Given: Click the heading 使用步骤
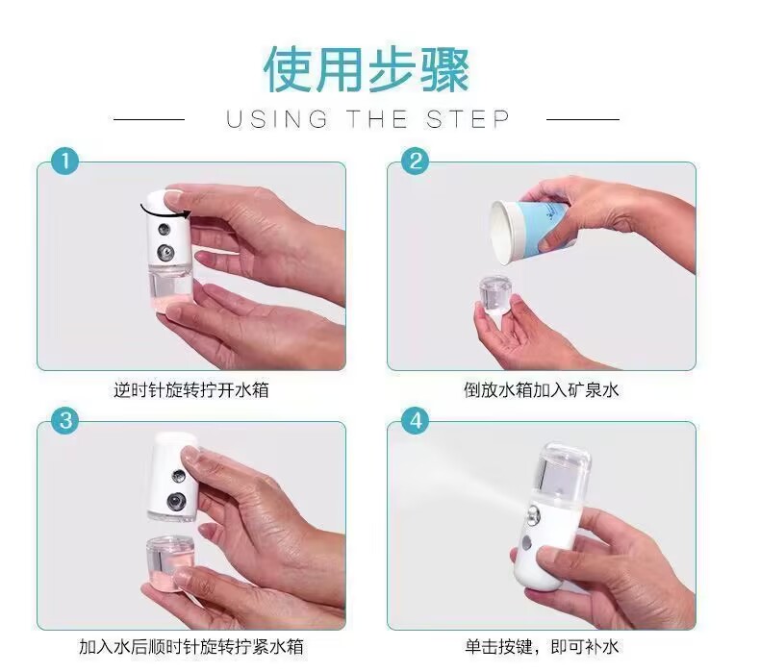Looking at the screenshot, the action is click(367, 69).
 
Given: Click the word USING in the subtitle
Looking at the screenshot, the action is click(277, 119).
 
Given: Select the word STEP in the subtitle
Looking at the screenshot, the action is click(469, 119).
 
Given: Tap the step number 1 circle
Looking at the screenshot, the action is click(65, 161).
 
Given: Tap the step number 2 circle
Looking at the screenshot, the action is click(416, 161).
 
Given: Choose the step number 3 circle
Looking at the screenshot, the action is click(65, 420).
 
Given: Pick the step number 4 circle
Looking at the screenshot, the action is click(416, 420).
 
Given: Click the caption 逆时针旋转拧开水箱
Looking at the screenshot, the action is click(191, 389).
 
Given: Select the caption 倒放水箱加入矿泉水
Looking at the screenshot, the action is click(542, 389).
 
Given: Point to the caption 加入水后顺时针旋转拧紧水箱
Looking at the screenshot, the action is click(191, 646).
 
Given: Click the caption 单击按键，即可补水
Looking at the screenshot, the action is click(542, 646).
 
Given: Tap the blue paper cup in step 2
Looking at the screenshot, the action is click(529, 230).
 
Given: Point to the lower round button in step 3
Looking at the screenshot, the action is click(176, 502).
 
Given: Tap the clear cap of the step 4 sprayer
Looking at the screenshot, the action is click(565, 470).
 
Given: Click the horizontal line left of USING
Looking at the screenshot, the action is click(149, 119).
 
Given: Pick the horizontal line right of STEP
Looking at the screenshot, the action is click(583, 119).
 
